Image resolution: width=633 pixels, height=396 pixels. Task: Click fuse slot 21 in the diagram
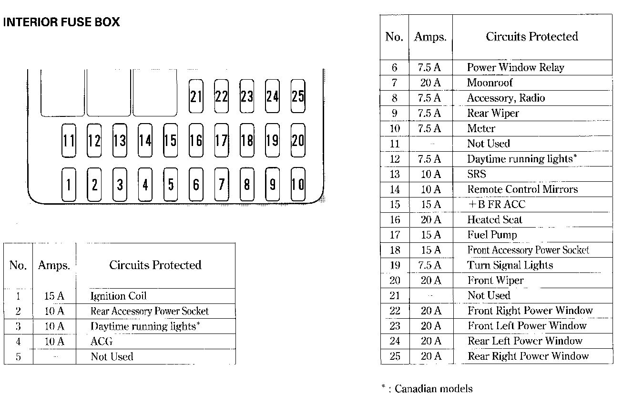[196, 96]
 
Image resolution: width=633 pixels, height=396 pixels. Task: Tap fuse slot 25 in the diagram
[298, 96]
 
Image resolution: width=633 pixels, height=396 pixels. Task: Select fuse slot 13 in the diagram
[120, 140]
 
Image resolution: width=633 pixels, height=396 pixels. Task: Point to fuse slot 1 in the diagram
[69, 184]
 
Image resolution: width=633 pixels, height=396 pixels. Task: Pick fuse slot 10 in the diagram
[298, 184]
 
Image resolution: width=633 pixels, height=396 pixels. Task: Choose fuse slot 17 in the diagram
[221, 140]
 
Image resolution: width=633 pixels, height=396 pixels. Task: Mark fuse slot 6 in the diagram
[196, 184]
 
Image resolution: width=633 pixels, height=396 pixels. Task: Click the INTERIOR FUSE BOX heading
[61, 22]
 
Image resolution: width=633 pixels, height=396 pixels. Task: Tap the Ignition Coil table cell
[118, 296]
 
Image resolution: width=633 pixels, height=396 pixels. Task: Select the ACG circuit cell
[102, 342]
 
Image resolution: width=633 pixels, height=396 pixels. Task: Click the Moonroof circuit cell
[490, 83]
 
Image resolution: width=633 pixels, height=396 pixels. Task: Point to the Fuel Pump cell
[492, 235]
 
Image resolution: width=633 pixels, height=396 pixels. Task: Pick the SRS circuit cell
[477, 175]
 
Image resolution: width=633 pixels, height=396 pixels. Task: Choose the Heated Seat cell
[495, 220]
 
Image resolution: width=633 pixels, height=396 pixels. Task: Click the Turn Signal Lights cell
[510, 265]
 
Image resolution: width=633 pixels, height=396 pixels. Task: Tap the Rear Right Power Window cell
[528, 356]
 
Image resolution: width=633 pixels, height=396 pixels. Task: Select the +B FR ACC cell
[496, 205]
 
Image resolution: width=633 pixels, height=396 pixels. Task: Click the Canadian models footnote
[428, 388]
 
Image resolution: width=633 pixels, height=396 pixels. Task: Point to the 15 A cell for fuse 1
[54, 296]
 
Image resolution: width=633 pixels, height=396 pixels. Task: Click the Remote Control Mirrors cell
[522, 189]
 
